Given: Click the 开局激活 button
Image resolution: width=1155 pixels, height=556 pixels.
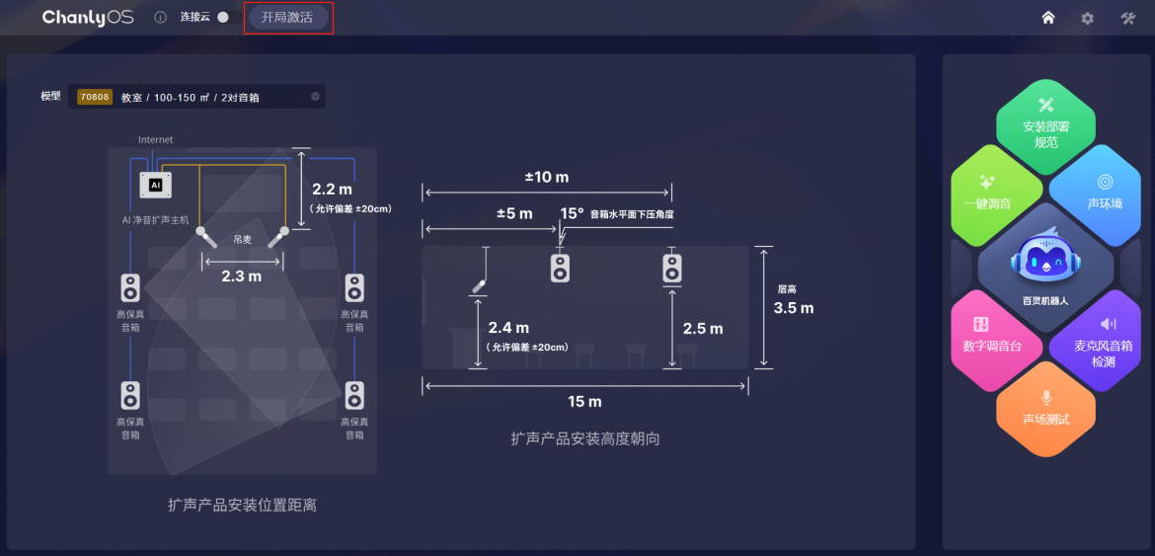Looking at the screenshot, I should click(287, 18).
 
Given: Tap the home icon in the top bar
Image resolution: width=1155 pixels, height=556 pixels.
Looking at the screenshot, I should click(1048, 18).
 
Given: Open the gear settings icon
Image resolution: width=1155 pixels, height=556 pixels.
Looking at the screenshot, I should click(1087, 18).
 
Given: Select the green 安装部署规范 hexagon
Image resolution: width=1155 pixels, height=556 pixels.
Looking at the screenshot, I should click(1046, 122).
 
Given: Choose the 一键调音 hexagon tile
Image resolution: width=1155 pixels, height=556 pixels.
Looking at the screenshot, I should click(993, 192).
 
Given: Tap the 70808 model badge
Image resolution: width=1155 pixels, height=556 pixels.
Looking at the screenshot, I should click(95, 97).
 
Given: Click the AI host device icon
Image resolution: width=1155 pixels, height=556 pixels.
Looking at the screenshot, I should click(155, 185).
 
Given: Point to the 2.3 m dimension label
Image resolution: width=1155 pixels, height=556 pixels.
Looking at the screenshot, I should click(242, 277).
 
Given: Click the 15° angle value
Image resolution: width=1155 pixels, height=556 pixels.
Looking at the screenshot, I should click(572, 213).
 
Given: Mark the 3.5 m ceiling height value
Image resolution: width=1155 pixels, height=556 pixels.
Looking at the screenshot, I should click(794, 308).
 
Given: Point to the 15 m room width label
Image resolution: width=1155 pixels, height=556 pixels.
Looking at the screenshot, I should click(584, 402).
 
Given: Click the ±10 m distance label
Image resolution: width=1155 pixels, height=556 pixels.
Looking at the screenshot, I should click(547, 178).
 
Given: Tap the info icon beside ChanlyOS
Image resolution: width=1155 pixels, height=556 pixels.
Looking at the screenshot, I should click(161, 18).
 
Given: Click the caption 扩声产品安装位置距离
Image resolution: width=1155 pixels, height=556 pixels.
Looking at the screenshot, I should click(242, 506).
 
